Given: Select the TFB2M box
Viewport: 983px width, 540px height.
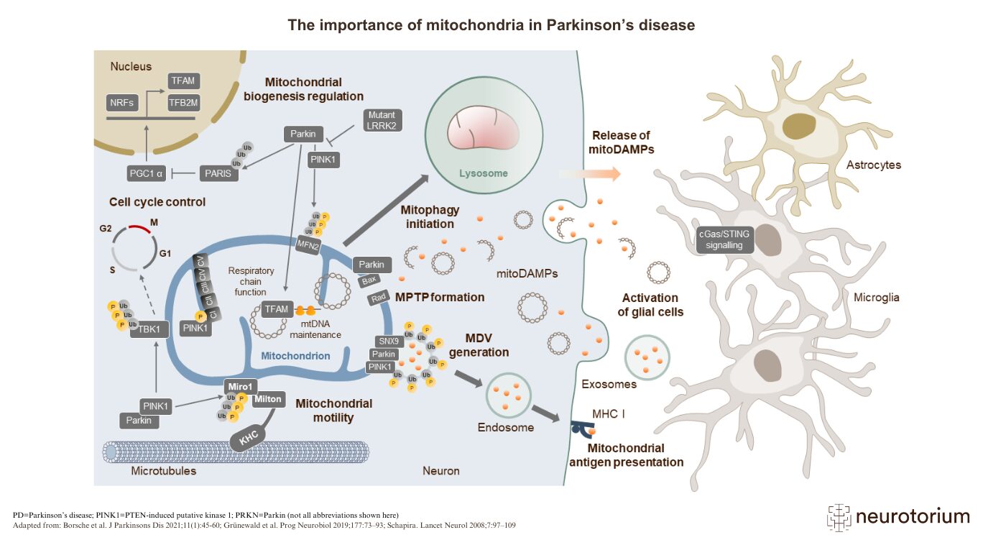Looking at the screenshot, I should (183, 103).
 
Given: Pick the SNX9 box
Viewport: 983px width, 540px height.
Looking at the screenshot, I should (388, 341).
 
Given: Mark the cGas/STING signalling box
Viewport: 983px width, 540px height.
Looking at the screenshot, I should (725, 239).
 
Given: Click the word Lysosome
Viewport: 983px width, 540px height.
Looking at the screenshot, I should (483, 173).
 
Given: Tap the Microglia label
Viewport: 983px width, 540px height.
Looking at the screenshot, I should (874, 297).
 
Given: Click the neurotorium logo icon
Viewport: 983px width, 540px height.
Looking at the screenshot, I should (839, 516).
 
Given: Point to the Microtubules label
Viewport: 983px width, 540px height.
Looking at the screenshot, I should (163, 472).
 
